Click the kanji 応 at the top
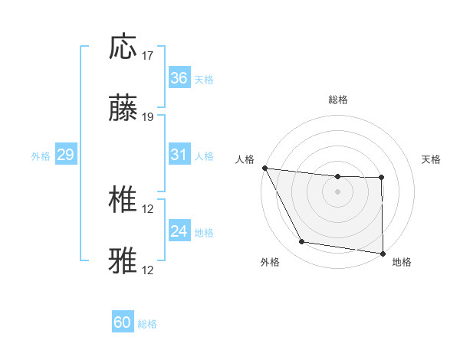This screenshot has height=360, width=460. click(x=123, y=47)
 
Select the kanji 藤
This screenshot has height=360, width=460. click(x=123, y=109)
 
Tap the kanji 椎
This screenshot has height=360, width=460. click(x=123, y=201)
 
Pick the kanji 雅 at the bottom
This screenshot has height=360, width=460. click(x=123, y=260)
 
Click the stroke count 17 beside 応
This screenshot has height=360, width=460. click(x=148, y=56)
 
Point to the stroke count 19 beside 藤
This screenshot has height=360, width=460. click(x=148, y=117)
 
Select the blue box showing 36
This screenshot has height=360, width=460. click(x=179, y=77)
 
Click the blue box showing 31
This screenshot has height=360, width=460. click(x=179, y=155)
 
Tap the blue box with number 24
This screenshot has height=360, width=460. click(x=179, y=231)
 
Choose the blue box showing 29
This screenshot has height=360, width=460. click(x=65, y=155)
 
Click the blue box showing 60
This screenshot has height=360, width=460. click(x=123, y=322)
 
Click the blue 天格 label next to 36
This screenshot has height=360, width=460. click(x=204, y=79)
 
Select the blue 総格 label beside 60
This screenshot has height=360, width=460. click(x=147, y=324)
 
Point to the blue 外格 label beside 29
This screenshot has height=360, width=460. click(x=41, y=156)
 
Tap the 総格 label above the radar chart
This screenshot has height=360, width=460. click(x=337, y=100)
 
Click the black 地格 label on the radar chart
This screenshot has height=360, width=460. click(x=402, y=262)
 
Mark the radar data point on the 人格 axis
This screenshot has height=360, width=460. click(x=264, y=168)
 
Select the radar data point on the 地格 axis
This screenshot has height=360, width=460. click(x=383, y=253)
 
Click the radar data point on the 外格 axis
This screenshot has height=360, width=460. click(x=302, y=243)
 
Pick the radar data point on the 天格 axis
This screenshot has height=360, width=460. click(x=382, y=178)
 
